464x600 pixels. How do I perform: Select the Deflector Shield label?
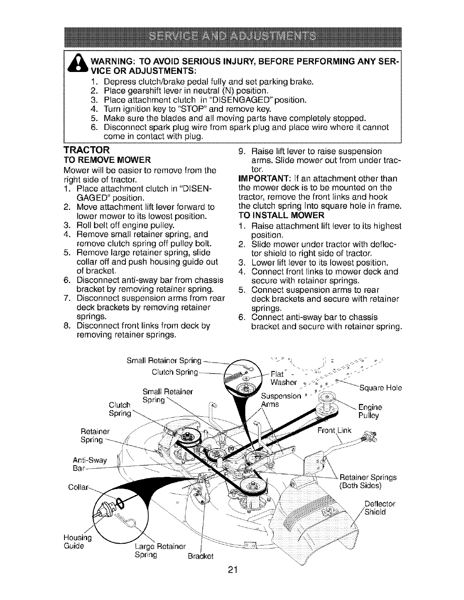[379, 508]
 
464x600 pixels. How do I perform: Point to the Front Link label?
[334, 431]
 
